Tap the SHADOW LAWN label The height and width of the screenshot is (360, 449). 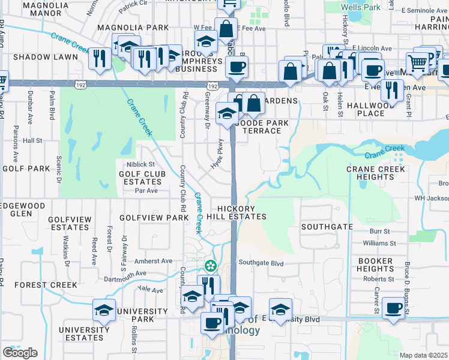coord(46,57)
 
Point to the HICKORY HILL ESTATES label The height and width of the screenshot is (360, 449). coord(237,212)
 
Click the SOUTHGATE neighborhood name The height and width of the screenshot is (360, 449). coord(327,227)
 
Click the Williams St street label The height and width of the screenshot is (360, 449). coord(379,244)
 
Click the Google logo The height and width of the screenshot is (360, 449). coord(20,353)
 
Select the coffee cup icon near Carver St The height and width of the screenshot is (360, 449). coord(393,308)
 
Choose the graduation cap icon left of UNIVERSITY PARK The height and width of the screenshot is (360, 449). coord(104,310)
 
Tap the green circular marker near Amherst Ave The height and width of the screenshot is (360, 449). coord(211,265)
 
